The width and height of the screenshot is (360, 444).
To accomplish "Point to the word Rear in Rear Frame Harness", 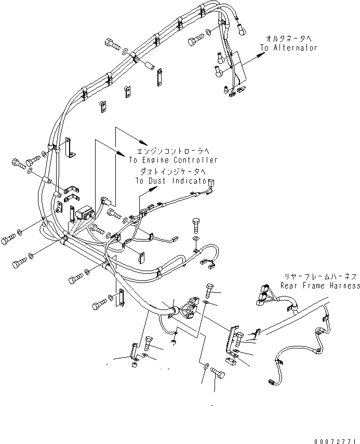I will pyautogui.click(x=289, y=286).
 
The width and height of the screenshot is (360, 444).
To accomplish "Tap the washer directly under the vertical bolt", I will pyautogui.click(x=195, y=238).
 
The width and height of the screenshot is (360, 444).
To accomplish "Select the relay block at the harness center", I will pyautogui.click(x=84, y=213).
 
